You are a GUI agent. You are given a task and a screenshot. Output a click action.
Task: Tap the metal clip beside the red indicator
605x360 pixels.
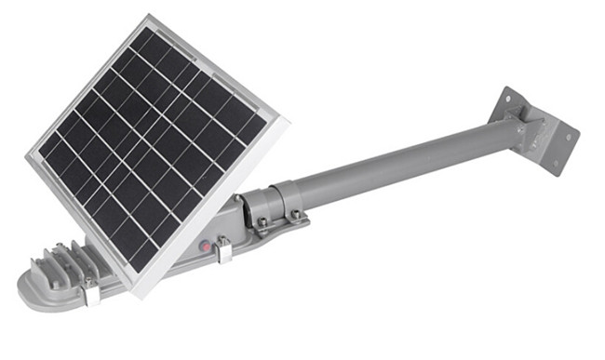[223, 248]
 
